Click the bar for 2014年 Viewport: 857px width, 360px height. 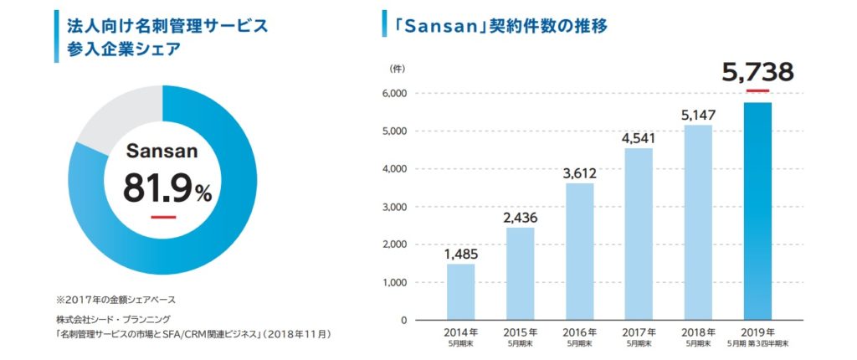click(x=461, y=291)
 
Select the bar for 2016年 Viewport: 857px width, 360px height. click(x=580, y=251)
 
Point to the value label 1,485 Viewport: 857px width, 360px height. click(x=461, y=253)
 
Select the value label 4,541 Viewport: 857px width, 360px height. click(x=639, y=137)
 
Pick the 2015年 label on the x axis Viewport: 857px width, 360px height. click(x=521, y=333)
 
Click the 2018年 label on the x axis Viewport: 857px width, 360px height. click(x=698, y=333)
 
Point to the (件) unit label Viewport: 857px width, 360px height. click(x=397, y=68)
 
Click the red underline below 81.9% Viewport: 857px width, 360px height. click(x=163, y=217)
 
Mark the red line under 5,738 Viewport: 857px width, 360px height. click(x=757, y=90)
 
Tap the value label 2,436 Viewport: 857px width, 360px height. click(x=521, y=218)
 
